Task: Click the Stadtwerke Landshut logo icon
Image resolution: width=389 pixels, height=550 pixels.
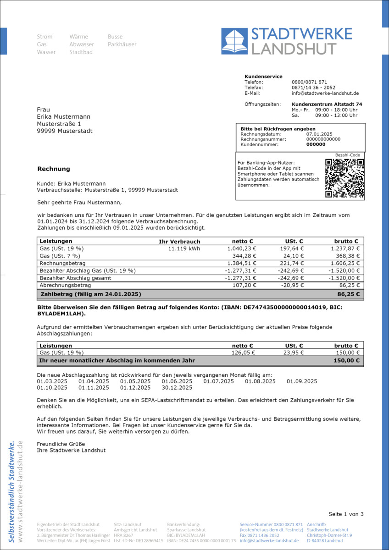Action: click(234, 41)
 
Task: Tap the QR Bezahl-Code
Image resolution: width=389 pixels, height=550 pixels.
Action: click(345, 178)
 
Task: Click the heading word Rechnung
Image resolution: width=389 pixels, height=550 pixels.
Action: click(54, 169)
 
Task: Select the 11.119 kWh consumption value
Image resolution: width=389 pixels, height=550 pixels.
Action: click(184, 249)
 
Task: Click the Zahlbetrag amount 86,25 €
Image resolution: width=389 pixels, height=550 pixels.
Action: click(349, 294)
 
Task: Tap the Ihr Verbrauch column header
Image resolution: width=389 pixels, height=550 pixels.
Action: click(179, 242)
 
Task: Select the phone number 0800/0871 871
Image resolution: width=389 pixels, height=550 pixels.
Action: click(309, 82)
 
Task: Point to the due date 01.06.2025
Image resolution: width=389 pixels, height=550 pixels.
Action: click(177, 381)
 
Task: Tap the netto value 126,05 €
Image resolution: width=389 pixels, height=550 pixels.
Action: click(245, 353)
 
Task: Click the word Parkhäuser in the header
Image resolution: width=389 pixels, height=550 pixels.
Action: click(122, 44)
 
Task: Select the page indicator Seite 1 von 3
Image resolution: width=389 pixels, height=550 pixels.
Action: click(346, 514)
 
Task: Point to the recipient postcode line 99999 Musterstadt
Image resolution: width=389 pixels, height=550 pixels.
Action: click(65, 131)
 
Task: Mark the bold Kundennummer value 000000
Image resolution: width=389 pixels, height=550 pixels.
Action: click(316, 144)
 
